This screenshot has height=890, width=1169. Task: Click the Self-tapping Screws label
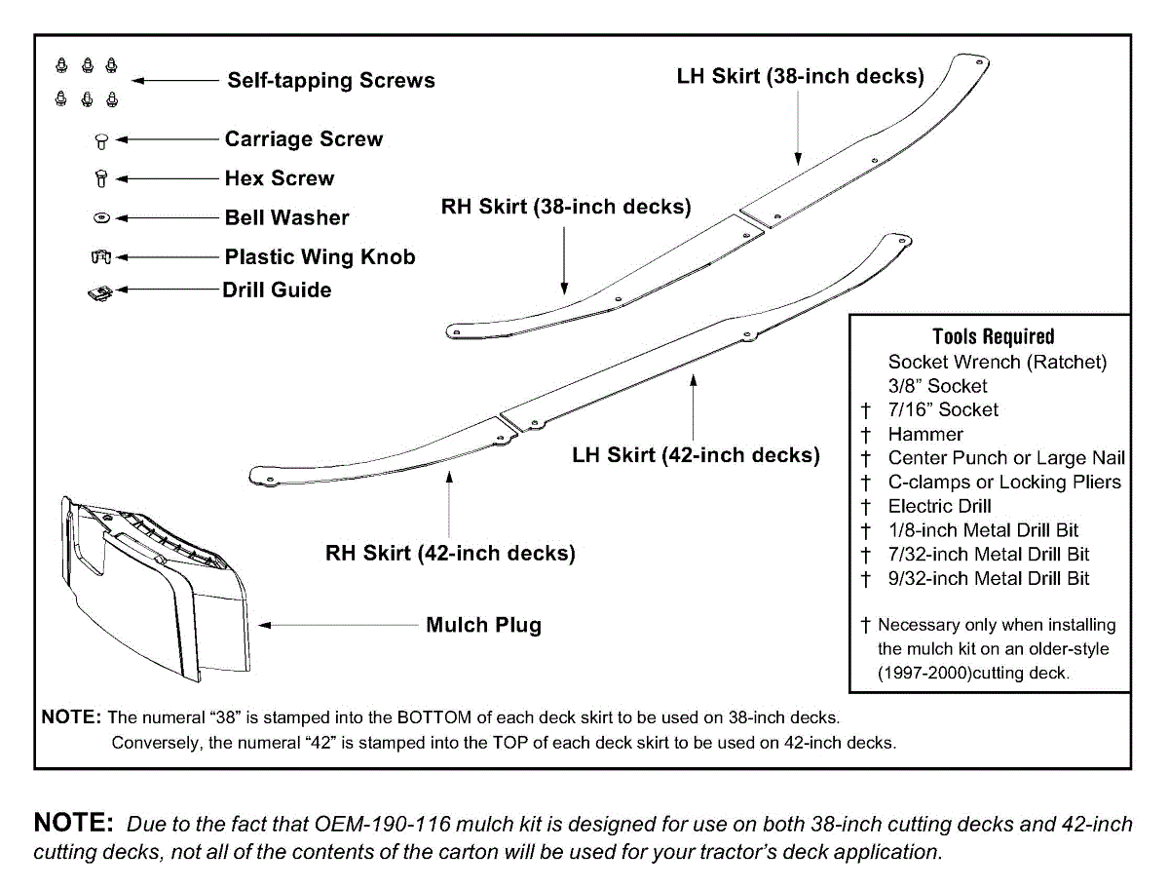coord(331,80)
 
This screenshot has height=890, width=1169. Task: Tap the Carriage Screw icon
coord(100,140)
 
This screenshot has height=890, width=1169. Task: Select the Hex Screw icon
coord(100,179)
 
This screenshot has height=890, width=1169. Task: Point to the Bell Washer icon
coord(100,218)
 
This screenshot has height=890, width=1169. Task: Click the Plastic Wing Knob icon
coord(100,257)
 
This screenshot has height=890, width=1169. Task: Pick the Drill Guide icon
coord(99,291)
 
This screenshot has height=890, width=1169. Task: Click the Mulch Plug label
coord(483,625)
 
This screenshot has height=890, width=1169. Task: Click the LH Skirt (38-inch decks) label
coord(800,76)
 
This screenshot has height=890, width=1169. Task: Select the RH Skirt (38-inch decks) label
coord(566,207)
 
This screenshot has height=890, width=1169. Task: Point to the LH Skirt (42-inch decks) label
coord(696,455)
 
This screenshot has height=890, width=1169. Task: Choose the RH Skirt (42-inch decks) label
coord(450,554)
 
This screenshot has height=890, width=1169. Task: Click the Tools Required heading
coord(993,337)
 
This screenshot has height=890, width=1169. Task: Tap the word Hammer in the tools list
coord(925,435)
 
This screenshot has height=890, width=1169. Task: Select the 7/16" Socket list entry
coord(943,410)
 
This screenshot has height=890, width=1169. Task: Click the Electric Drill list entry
coord(939,507)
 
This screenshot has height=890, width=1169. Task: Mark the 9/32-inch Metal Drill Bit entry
coord(989,579)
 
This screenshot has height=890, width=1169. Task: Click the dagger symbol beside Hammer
coord(865,435)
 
